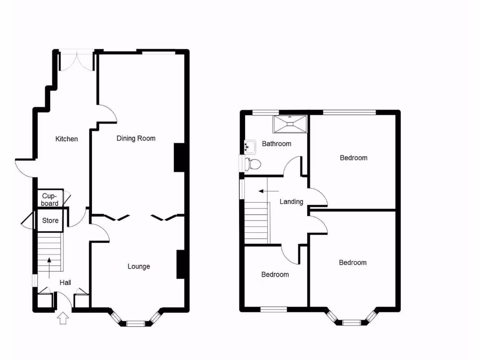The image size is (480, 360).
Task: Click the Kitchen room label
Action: (x=67, y=139)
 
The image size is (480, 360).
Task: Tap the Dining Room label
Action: (x=136, y=138)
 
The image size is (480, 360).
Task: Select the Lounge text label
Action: (x=139, y=266)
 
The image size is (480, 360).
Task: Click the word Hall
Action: (x=65, y=283)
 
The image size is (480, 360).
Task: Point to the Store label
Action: (x=50, y=220)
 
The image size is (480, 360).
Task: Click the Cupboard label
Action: (x=50, y=200)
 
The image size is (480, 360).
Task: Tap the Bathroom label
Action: (x=276, y=144)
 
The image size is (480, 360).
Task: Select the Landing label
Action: (x=291, y=202)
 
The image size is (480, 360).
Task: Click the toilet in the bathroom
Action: (x=254, y=164)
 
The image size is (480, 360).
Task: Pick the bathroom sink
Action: (x=250, y=147)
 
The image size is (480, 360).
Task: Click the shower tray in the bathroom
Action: (x=290, y=124)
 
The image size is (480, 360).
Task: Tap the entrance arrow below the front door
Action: (x=63, y=319)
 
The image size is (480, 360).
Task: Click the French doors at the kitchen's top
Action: (x=77, y=61)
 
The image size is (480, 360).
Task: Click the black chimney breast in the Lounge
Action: (x=180, y=264)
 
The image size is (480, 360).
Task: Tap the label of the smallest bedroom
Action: (x=275, y=275)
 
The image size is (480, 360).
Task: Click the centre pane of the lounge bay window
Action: (x=136, y=323)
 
